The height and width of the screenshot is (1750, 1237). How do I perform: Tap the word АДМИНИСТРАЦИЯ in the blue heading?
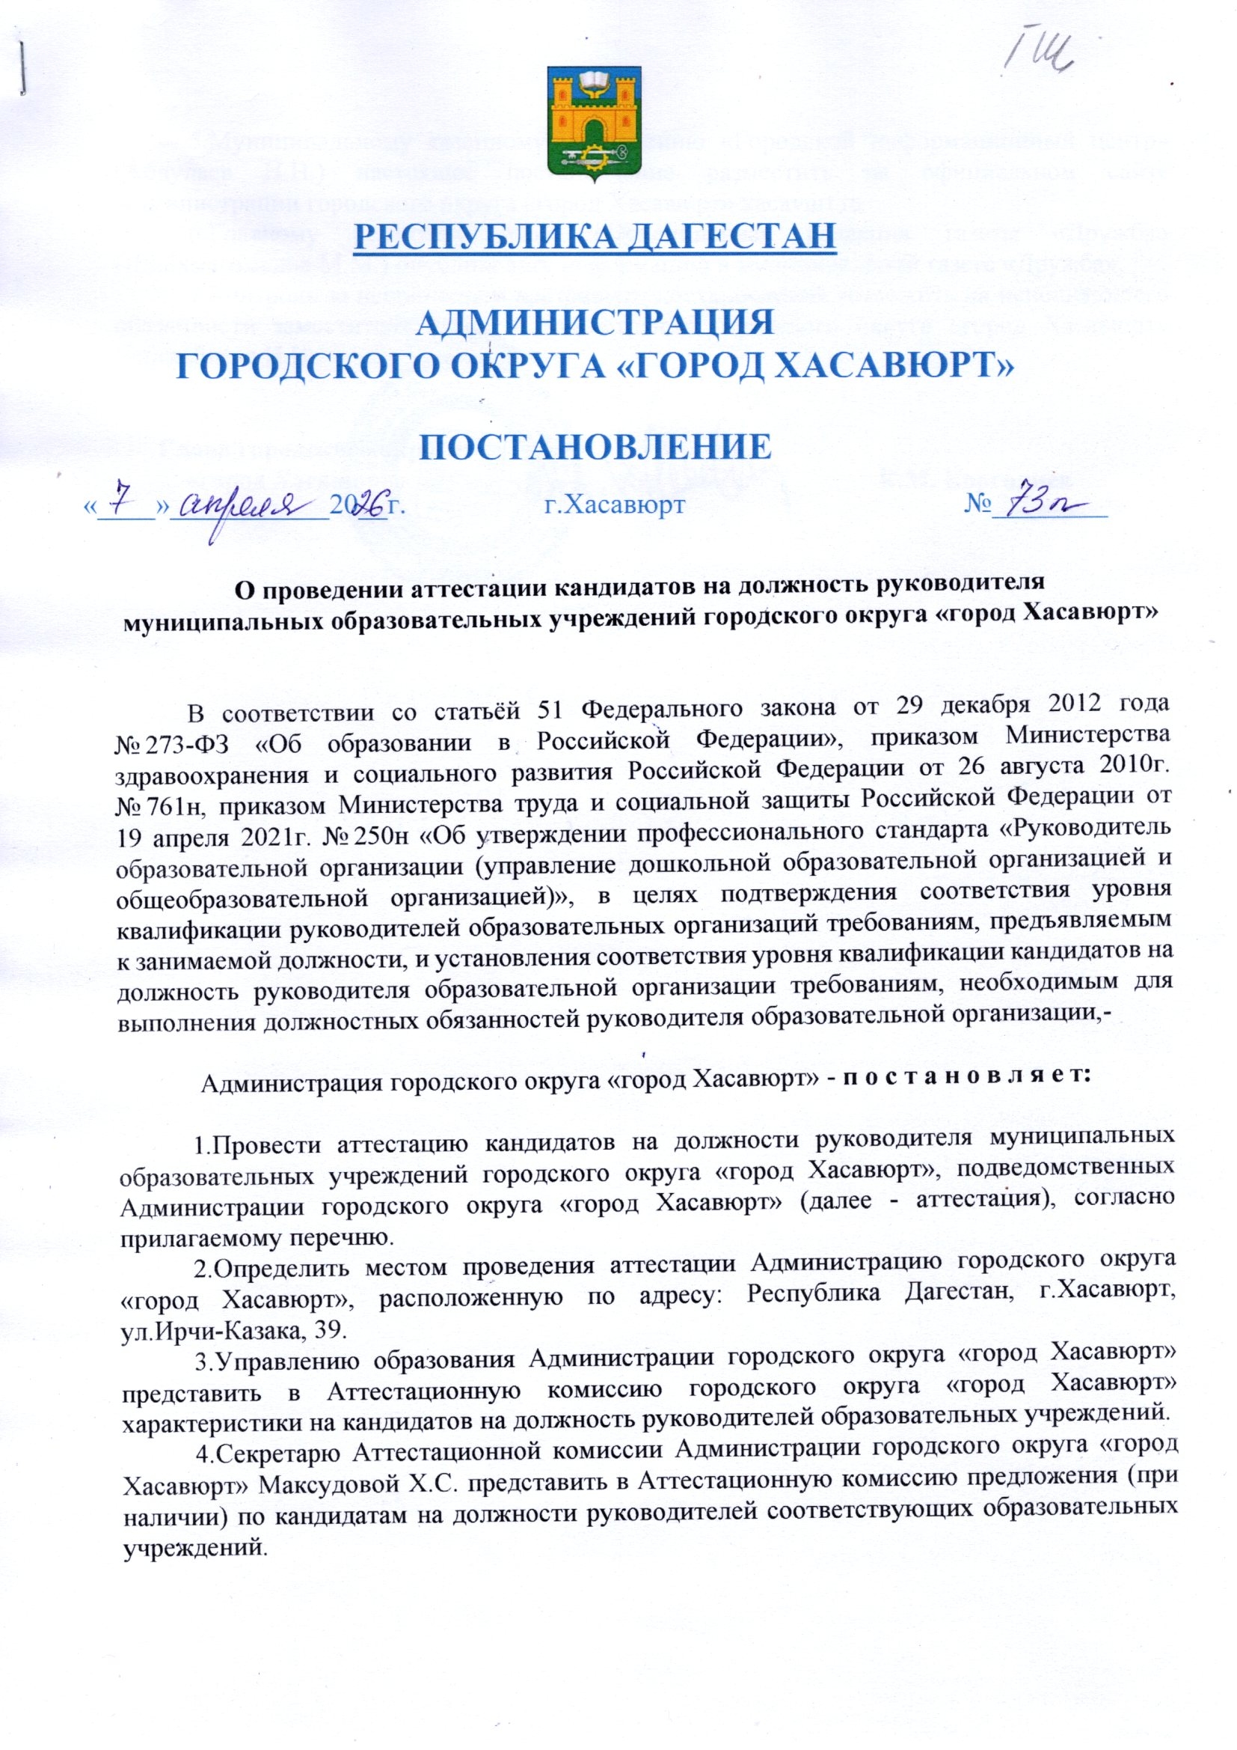pyautogui.click(x=595, y=325)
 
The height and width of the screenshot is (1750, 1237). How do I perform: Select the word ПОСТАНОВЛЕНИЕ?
pyautogui.click(x=594, y=448)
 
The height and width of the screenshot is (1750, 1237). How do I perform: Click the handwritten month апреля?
pyautogui.click(x=251, y=509)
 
